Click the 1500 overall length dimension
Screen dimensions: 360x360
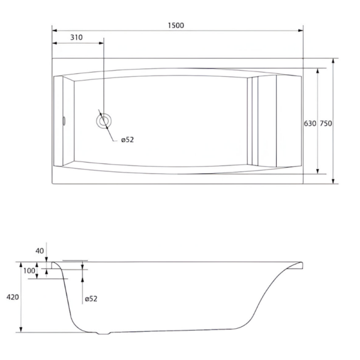tap(176, 25)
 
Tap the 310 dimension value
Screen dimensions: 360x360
tap(76, 37)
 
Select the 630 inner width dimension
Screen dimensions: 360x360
tap(310, 124)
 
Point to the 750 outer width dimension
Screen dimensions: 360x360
tap(326, 124)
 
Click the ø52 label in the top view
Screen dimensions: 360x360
tap(127, 140)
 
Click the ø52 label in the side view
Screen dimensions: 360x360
tap(91, 299)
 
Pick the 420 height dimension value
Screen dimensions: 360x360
tap(13, 297)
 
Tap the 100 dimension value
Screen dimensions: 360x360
tap(29, 271)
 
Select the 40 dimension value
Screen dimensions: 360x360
tap(40, 251)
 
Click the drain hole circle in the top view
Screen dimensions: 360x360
tap(104, 115)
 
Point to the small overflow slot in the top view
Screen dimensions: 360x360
tap(64, 121)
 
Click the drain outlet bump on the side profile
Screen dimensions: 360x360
tap(104, 333)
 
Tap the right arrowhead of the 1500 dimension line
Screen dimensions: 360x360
tap(301, 31)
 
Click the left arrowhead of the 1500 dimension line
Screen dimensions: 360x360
tap(55, 31)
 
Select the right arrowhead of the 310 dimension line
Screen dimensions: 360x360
tap(101, 43)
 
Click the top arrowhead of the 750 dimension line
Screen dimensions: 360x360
tap(334, 61)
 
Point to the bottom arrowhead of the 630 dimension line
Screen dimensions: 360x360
tap(318, 171)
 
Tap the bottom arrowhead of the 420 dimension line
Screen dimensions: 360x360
tap(21, 329)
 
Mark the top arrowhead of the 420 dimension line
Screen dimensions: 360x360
tap(21, 265)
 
